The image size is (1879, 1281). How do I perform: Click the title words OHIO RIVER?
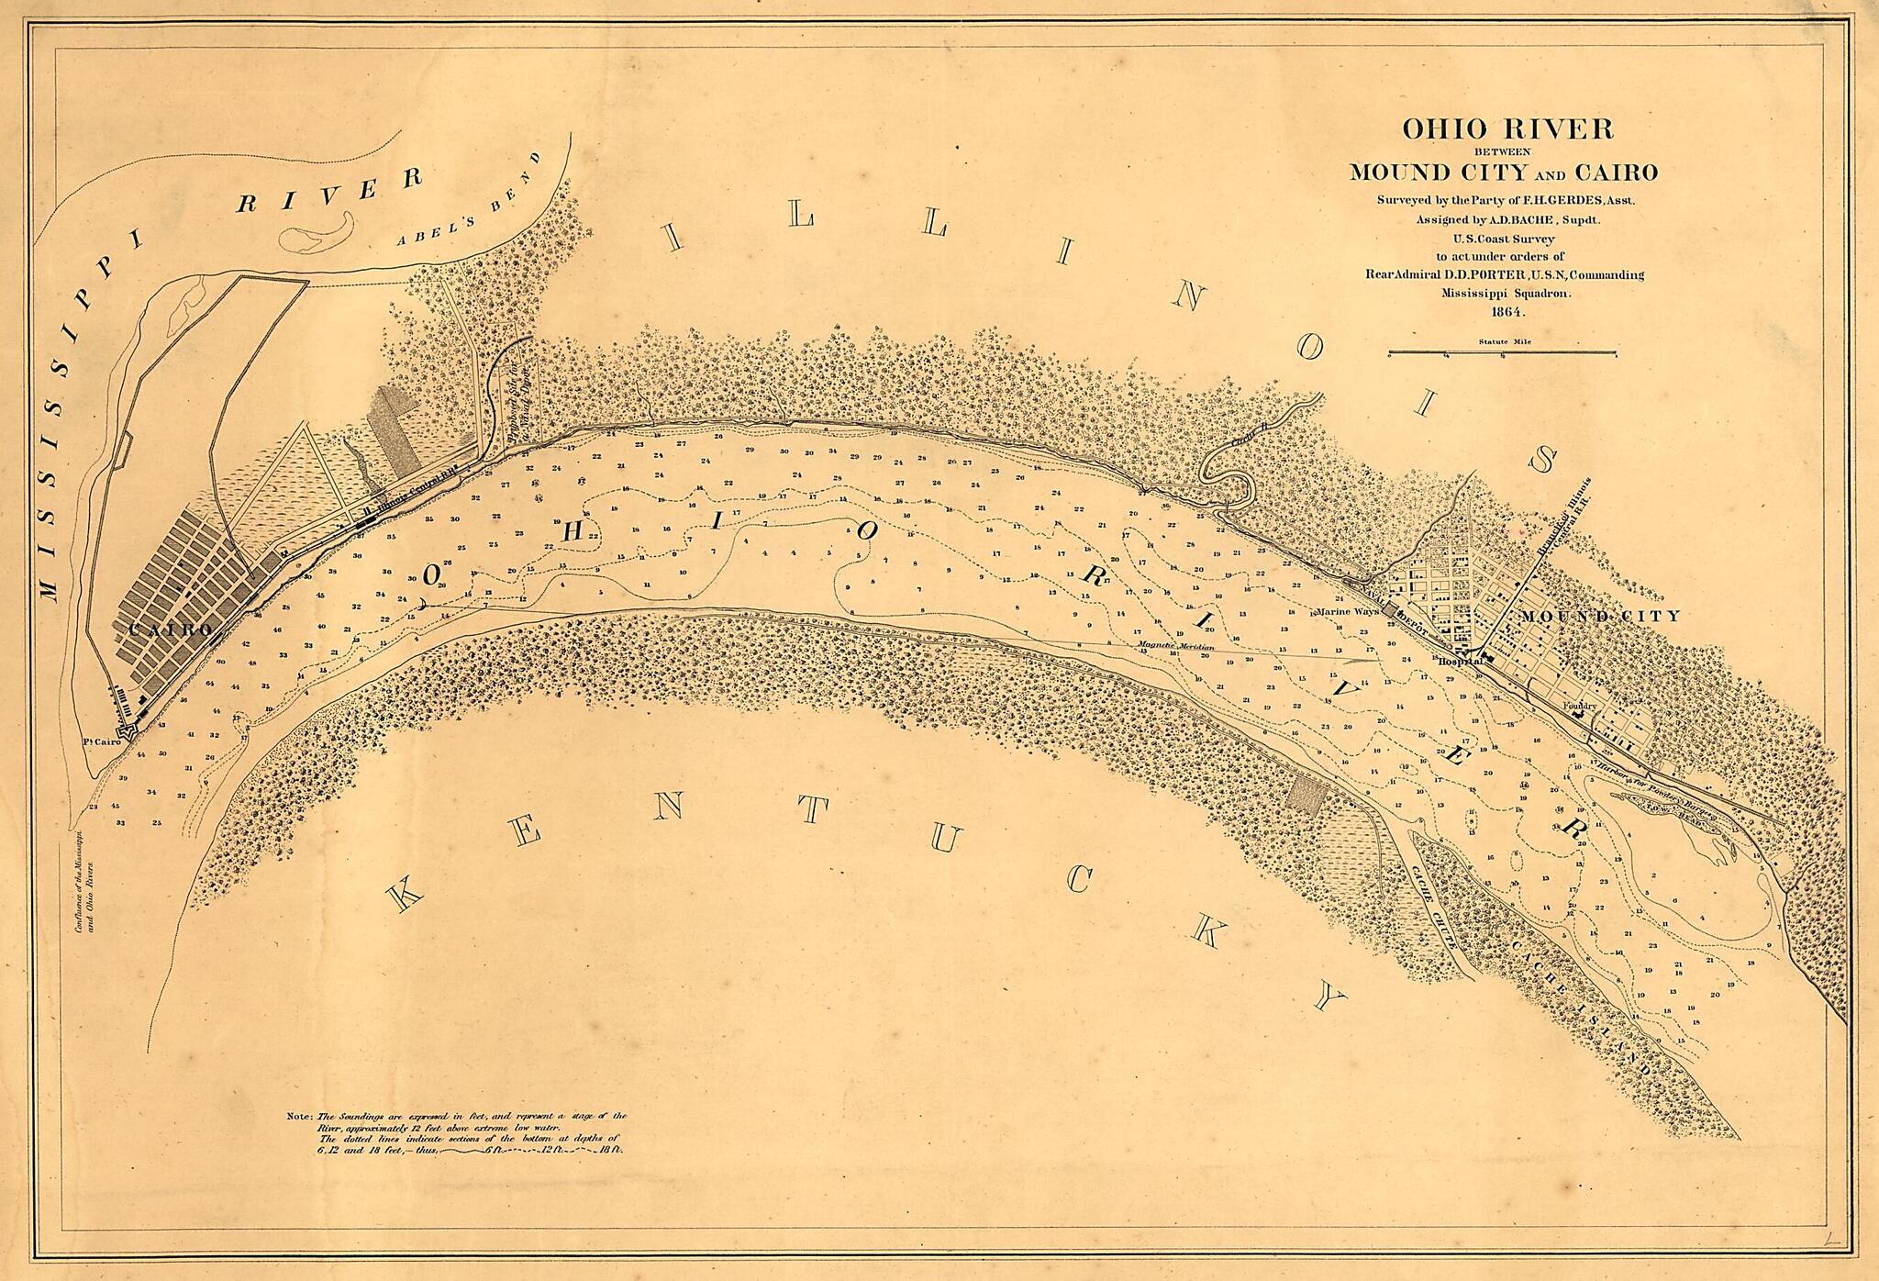pos(1507,129)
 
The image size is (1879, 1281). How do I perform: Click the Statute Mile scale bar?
pos(1503,351)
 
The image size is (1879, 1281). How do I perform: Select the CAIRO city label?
pos(172,629)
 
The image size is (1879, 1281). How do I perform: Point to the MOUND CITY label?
pos(1600,616)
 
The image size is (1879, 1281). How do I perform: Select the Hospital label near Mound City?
pos(1460,660)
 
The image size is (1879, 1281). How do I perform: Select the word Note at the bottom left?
pos(300,1117)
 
